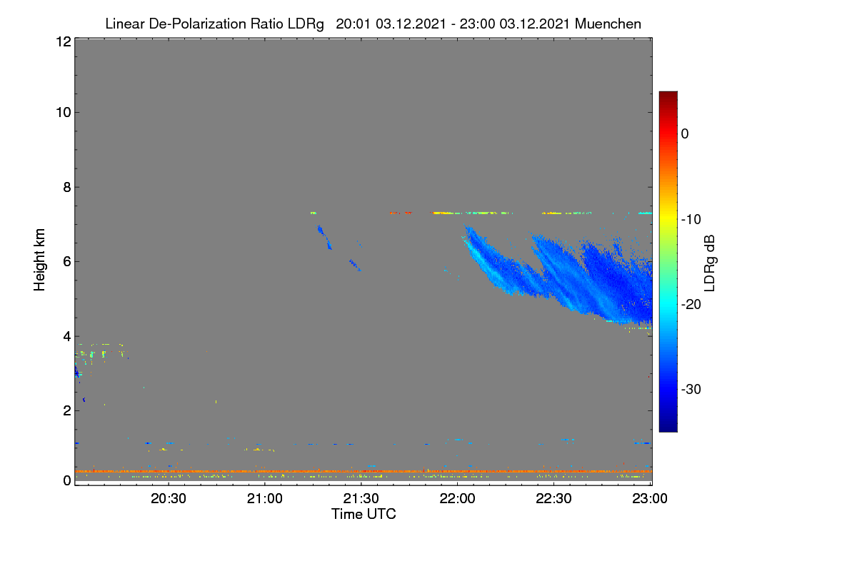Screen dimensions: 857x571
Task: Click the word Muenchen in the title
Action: (x=608, y=24)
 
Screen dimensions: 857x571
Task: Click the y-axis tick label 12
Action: (x=64, y=41)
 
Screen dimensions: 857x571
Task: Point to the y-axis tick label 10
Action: (x=64, y=113)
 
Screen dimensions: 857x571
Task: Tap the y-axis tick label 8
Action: (x=67, y=187)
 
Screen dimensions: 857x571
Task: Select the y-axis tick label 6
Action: (x=67, y=262)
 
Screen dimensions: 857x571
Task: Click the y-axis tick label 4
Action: (x=67, y=336)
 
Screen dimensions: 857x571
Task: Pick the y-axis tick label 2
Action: (x=67, y=410)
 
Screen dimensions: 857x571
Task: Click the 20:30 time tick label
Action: (x=169, y=498)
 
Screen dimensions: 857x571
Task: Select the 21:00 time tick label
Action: (x=265, y=498)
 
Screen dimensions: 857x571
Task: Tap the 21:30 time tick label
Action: (x=361, y=498)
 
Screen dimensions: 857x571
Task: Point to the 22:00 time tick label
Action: (x=457, y=498)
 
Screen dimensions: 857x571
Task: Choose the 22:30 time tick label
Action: (x=553, y=498)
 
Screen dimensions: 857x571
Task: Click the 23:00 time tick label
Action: (x=650, y=498)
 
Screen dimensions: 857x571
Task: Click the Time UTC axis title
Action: (x=364, y=514)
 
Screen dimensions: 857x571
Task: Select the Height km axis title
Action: (x=39, y=260)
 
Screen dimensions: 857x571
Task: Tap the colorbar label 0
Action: (x=685, y=134)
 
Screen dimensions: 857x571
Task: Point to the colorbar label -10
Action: (x=691, y=220)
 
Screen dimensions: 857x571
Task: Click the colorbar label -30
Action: (x=691, y=389)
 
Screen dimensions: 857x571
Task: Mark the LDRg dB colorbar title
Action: (x=710, y=263)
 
